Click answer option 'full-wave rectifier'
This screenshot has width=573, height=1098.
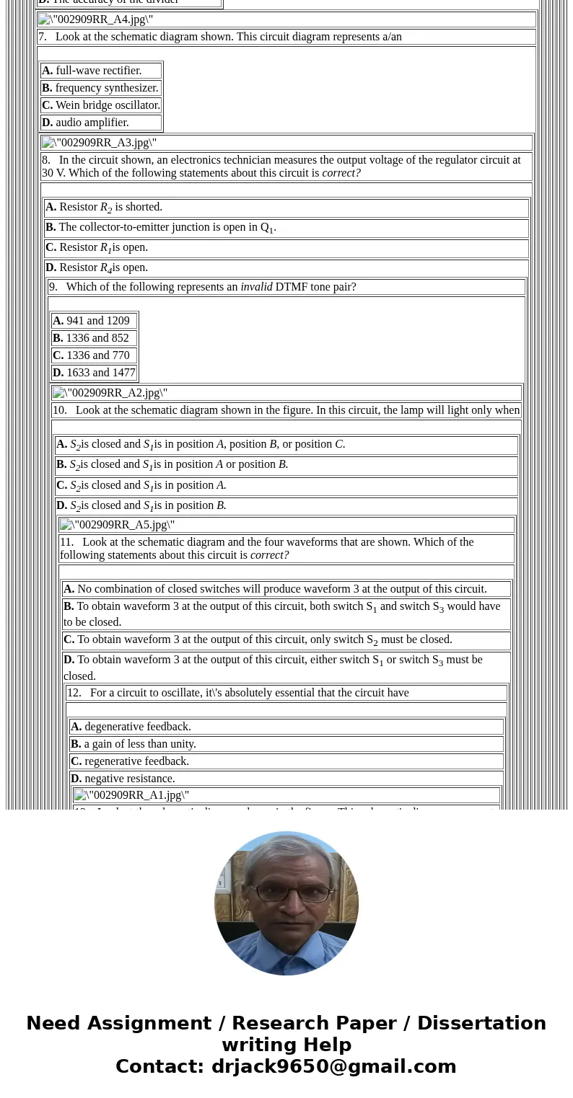98,71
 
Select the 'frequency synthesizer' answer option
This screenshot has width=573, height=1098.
106,88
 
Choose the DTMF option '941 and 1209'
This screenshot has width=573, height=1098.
97,321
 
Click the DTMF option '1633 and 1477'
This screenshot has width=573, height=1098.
100,373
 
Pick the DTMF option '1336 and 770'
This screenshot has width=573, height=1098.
97,355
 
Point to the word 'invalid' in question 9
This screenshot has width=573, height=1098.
256,287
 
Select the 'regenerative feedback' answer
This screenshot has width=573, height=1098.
136,761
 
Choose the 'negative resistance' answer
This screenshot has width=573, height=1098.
129,779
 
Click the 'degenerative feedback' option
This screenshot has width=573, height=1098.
137,727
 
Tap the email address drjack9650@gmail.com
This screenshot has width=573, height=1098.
333,1066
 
